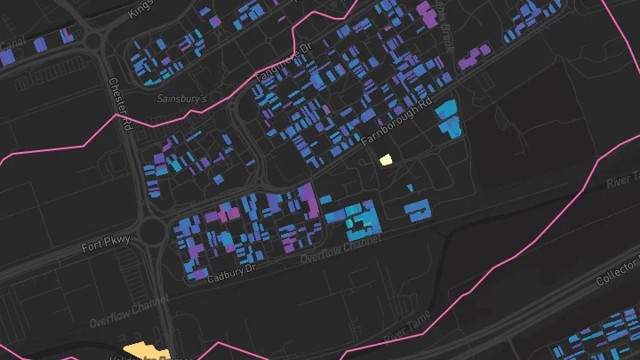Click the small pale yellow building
[386, 160]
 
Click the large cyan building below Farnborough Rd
[449, 119]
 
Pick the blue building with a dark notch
[416, 210]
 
